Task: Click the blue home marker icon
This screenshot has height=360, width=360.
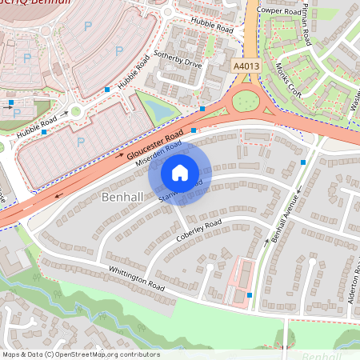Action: [x=180, y=172]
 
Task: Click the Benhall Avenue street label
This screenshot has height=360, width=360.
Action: [x=283, y=218]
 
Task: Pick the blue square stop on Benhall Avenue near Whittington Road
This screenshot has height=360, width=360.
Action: [x=250, y=295]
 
